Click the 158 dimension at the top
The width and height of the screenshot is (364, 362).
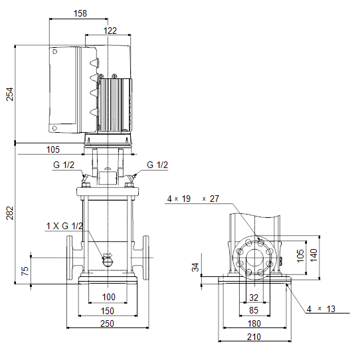pyautogui.click(x=80, y=13)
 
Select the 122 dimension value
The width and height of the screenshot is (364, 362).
pyautogui.click(x=110, y=31)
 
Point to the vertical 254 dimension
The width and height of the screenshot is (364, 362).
pyautogui.click(x=10, y=94)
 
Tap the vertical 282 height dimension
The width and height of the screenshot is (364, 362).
pyautogui.click(x=10, y=213)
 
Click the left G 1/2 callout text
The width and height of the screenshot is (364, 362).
pyautogui.click(x=64, y=165)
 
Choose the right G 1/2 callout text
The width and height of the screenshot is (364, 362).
pyautogui.click(x=157, y=165)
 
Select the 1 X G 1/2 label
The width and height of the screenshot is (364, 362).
pyautogui.click(x=64, y=226)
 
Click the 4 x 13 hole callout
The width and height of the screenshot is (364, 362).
pyautogui.click(x=321, y=309)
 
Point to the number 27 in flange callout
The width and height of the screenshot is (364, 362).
pyautogui.click(x=215, y=199)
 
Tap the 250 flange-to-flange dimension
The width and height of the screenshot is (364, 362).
pyautogui.click(x=107, y=323)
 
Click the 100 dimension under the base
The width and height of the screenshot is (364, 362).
pyautogui.click(x=109, y=297)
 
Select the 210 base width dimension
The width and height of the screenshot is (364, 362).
pyautogui.click(x=254, y=337)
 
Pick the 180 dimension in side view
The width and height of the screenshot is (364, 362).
pyautogui.click(x=254, y=323)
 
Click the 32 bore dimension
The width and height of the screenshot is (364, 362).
pyautogui.click(x=254, y=298)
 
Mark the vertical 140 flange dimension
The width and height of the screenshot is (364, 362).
pyautogui.click(x=314, y=255)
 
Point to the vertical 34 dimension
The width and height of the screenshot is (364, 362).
pyautogui.click(x=196, y=267)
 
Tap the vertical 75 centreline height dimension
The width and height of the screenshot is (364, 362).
pyautogui.click(x=25, y=271)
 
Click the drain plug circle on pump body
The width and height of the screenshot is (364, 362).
pyautogui.click(x=108, y=262)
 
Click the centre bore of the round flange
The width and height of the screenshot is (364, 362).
pyautogui.click(x=254, y=258)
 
